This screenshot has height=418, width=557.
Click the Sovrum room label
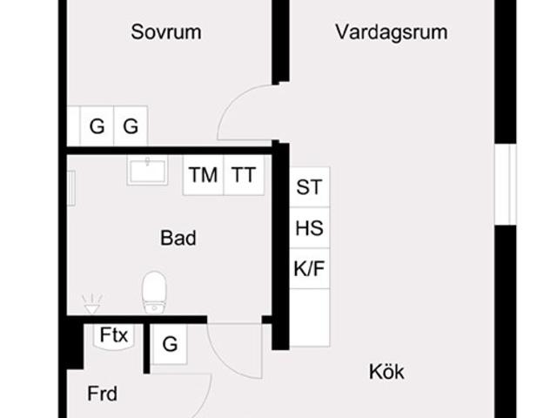[166, 32]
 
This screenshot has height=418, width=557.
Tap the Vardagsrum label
[391, 32]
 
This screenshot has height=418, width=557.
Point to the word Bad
[178, 238]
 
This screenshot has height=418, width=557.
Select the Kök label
[386, 372]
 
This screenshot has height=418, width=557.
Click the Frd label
[103, 394]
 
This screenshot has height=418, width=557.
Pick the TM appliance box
[203, 175]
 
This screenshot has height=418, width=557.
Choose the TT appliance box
[244, 175]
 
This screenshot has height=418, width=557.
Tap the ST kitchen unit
[309, 187]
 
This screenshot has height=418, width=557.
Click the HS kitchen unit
[309, 229]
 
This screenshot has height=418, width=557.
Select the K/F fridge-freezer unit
[309, 269]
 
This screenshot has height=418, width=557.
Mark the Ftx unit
[114, 335]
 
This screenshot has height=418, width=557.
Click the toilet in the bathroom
[155, 292]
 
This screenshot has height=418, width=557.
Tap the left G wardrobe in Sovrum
[97, 126]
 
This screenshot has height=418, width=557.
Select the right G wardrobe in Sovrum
[131, 126]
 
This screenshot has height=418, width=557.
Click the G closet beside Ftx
[170, 345]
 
